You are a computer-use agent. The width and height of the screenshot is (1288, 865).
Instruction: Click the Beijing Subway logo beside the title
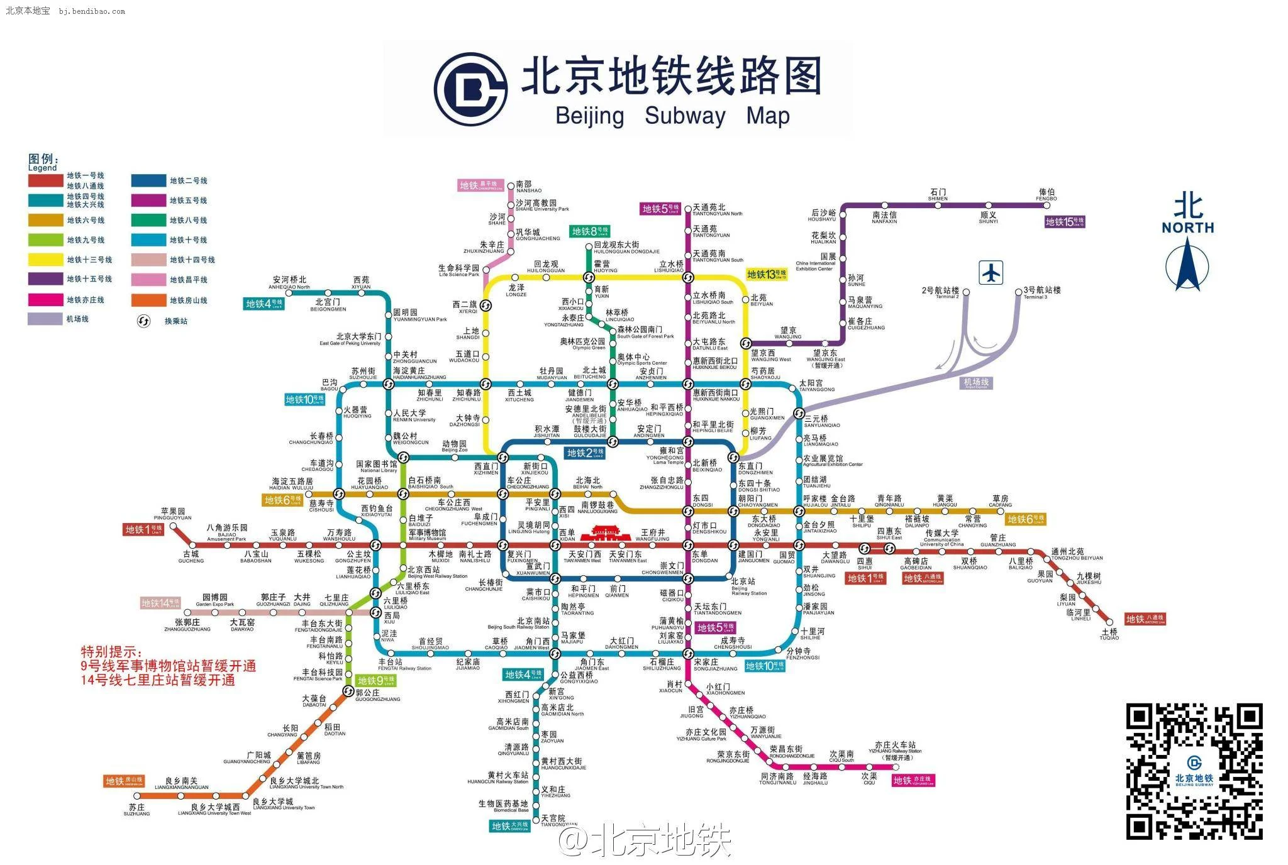(x=470, y=89)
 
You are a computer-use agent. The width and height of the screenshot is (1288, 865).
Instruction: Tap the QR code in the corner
(x=1194, y=771)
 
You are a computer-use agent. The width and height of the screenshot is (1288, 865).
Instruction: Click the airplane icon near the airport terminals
(x=991, y=273)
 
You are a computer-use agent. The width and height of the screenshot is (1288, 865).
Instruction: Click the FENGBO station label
(x=1046, y=195)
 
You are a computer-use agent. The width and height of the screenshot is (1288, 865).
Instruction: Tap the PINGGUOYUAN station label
(x=173, y=514)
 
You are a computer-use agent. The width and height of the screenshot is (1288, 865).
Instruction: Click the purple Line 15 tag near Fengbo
(x=1065, y=222)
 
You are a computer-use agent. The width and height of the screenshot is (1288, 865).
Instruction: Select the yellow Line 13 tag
(x=767, y=274)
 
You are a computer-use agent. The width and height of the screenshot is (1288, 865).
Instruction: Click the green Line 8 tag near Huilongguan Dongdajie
(x=589, y=231)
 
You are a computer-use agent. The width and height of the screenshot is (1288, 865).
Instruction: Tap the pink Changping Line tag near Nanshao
(x=481, y=185)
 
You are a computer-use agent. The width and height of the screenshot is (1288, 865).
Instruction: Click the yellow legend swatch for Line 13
(x=45, y=260)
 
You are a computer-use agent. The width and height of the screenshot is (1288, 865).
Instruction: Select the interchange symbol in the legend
(x=144, y=321)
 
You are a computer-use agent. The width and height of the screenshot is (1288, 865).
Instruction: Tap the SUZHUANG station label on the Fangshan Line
(x=136, y=810)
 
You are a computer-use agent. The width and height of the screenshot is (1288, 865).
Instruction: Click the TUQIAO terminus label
(x=1109, y=634)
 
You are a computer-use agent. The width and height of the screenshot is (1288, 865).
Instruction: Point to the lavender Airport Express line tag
(x=976, y=383)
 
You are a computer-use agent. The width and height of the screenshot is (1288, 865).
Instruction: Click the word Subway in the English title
(x=685, y=116)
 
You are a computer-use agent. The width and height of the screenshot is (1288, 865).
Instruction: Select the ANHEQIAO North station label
(x=289, y=283)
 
